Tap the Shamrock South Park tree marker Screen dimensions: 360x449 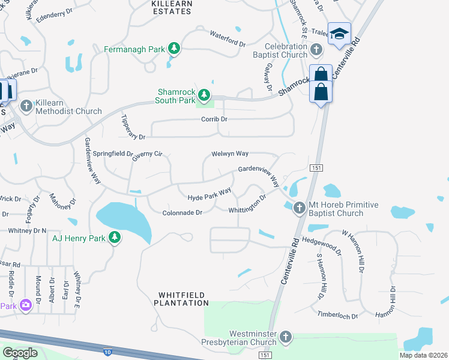tap(204, 95)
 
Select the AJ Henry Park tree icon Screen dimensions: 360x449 tap(114, 238)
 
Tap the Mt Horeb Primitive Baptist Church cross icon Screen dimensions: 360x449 tap(300, 208)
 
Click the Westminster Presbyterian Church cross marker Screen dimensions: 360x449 tap(286, 338)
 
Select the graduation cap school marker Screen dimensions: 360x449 tap(339, 34)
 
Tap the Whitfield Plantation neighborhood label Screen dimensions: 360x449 tap(183, 299)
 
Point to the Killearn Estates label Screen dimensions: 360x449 tap(172, 7)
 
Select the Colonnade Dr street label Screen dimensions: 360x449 tap(182, 212)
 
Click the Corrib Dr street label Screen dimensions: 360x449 tap(214, 119)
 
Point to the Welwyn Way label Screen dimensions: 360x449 tap(230, 154)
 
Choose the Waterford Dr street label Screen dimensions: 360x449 tap(228, 40)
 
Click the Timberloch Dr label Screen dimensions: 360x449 tap(337, 315)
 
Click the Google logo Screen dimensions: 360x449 tap(20, 352)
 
